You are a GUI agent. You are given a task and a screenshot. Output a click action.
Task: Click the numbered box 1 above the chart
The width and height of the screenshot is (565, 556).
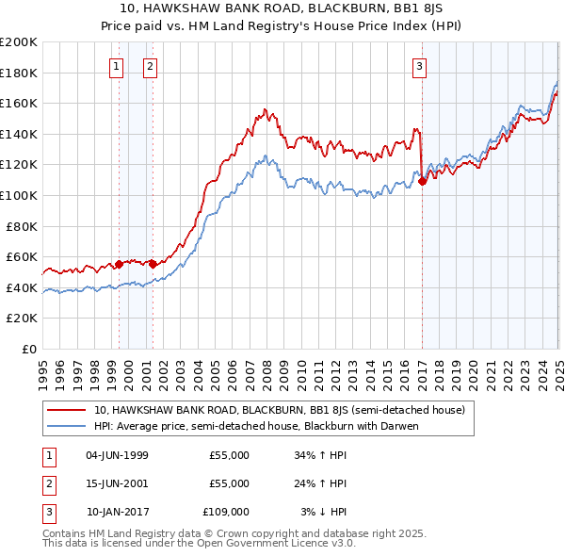pos(115,66)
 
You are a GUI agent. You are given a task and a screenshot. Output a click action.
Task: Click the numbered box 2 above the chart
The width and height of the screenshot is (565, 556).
pos(150,66)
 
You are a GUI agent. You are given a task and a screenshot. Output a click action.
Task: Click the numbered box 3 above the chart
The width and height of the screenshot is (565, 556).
pos(418,66)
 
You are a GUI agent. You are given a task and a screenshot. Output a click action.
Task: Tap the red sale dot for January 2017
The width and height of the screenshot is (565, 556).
pos(423,181)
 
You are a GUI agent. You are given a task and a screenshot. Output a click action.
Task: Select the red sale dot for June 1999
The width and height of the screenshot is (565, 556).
pos(120,264)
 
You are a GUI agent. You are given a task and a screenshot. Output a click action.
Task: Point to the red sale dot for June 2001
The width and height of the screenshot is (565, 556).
pos(153,264)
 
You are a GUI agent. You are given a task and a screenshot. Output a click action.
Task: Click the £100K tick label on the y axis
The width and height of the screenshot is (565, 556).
pos(19,195)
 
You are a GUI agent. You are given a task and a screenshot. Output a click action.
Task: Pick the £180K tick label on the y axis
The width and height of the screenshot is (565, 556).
pos(19,73)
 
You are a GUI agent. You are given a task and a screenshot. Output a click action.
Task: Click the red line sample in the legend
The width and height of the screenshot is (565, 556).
pos(67,411)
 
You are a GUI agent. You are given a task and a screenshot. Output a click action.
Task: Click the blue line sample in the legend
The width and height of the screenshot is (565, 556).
pos(67,426)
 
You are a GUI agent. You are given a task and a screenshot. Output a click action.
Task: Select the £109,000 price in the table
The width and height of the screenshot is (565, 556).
pos(226,512)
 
